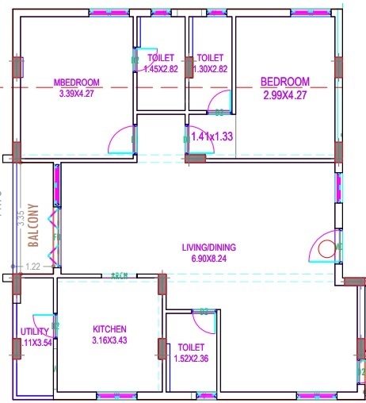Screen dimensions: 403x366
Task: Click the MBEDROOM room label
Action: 76,83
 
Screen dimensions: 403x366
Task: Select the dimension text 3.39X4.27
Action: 76,94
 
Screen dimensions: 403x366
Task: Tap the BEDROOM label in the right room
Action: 285,82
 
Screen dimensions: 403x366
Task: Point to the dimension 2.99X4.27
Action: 285,94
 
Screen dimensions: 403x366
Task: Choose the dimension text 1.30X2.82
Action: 212,69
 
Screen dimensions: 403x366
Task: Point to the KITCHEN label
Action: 109,329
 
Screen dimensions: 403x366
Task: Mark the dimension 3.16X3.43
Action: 109,340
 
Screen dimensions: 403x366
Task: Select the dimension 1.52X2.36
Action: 192,359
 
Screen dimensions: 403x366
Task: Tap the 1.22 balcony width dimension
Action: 32,267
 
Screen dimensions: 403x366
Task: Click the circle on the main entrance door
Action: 326,249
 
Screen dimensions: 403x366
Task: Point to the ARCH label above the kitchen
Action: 120,274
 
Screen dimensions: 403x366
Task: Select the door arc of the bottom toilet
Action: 204,320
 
